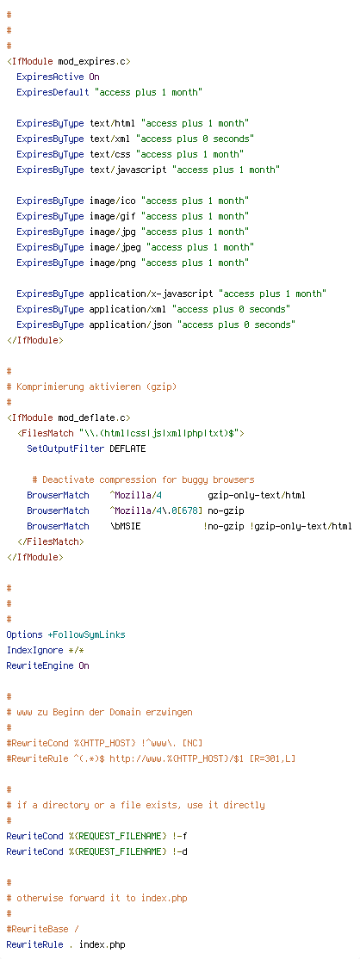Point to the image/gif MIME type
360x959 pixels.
pos(113,217)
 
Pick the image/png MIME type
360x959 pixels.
pos(113,263)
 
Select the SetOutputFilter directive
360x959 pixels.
pos(65,449)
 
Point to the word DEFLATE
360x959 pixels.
pos(128,449)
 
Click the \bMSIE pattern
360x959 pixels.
pos(125,526)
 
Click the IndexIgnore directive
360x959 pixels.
pos(34,650)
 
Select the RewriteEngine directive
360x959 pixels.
pos(40,665)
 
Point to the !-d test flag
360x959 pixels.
pos(180,851)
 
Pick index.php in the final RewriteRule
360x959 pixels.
pos(102,944)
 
